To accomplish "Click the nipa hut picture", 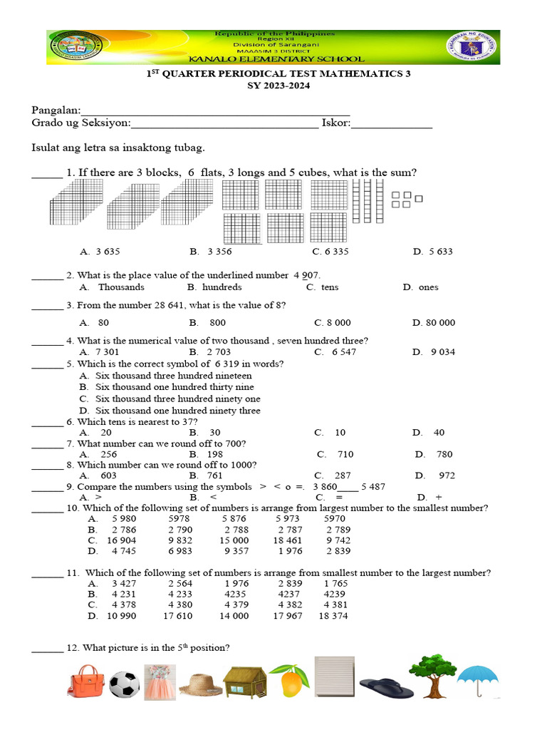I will pos(244,681).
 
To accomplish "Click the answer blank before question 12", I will pos(47,648).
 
